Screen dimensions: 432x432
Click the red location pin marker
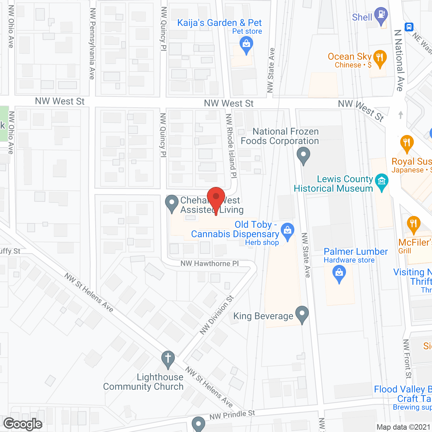pyautogui.click(x=216, y=197)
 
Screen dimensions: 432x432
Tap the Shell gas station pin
pyautogui.click(x=381, y=16)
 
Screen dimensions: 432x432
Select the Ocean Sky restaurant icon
pyautogui.click(x=380, y=58)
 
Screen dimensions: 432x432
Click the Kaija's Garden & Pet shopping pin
pyautogui.click(x=246, y=44)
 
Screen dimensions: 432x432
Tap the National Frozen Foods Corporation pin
pyautogui.click(x=303, y=155)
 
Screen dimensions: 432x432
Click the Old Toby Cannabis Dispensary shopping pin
pyautogui.click(x=288, y=231)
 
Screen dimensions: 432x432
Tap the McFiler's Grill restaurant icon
pyautogui.click(x=413, y=224)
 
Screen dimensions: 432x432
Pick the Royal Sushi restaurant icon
pyautogui.click(x=407, y=143)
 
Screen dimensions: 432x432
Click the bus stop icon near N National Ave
pyautogui.click(x=409, y=27)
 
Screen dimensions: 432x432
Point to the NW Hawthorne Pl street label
pyautogui.click(x=209, y=264)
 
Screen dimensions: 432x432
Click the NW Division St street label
pyautogui.click(x=216, y=315)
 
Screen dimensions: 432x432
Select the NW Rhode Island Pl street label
pyautogui.click(x=231, y=145)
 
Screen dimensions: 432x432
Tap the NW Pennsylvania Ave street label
pyautogui.click(x=92, y=44)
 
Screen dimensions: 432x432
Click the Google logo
pyautogui.click(x=23, y=424)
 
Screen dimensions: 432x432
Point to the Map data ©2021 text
pyautogui.click(x=403, y=427)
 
